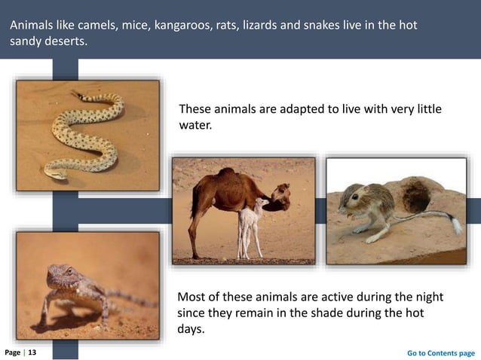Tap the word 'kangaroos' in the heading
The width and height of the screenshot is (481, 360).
click(x=182, y=26)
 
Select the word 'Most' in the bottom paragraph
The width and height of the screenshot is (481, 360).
click(x=191, y=294)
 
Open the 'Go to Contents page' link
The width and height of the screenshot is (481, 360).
click(x=440, y=352)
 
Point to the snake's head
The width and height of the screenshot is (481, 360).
click(x=54, y=172)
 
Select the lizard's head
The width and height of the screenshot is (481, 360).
click(x=60, y=273)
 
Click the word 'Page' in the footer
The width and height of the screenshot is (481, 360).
click(x=12, y=352)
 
